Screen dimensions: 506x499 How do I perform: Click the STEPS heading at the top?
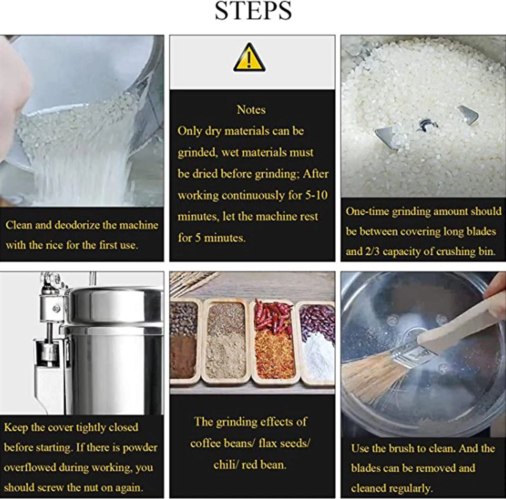[x=253, y=11]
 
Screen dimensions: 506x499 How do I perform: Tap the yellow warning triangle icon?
[x=249, y=58]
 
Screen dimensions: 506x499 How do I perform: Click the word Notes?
[x=251, y=110]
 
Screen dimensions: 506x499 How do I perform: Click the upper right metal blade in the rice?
[x=468, y=115]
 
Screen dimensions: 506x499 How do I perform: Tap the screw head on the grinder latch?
[x=56, y=308]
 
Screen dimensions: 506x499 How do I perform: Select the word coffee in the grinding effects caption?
[x=205, y=443]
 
